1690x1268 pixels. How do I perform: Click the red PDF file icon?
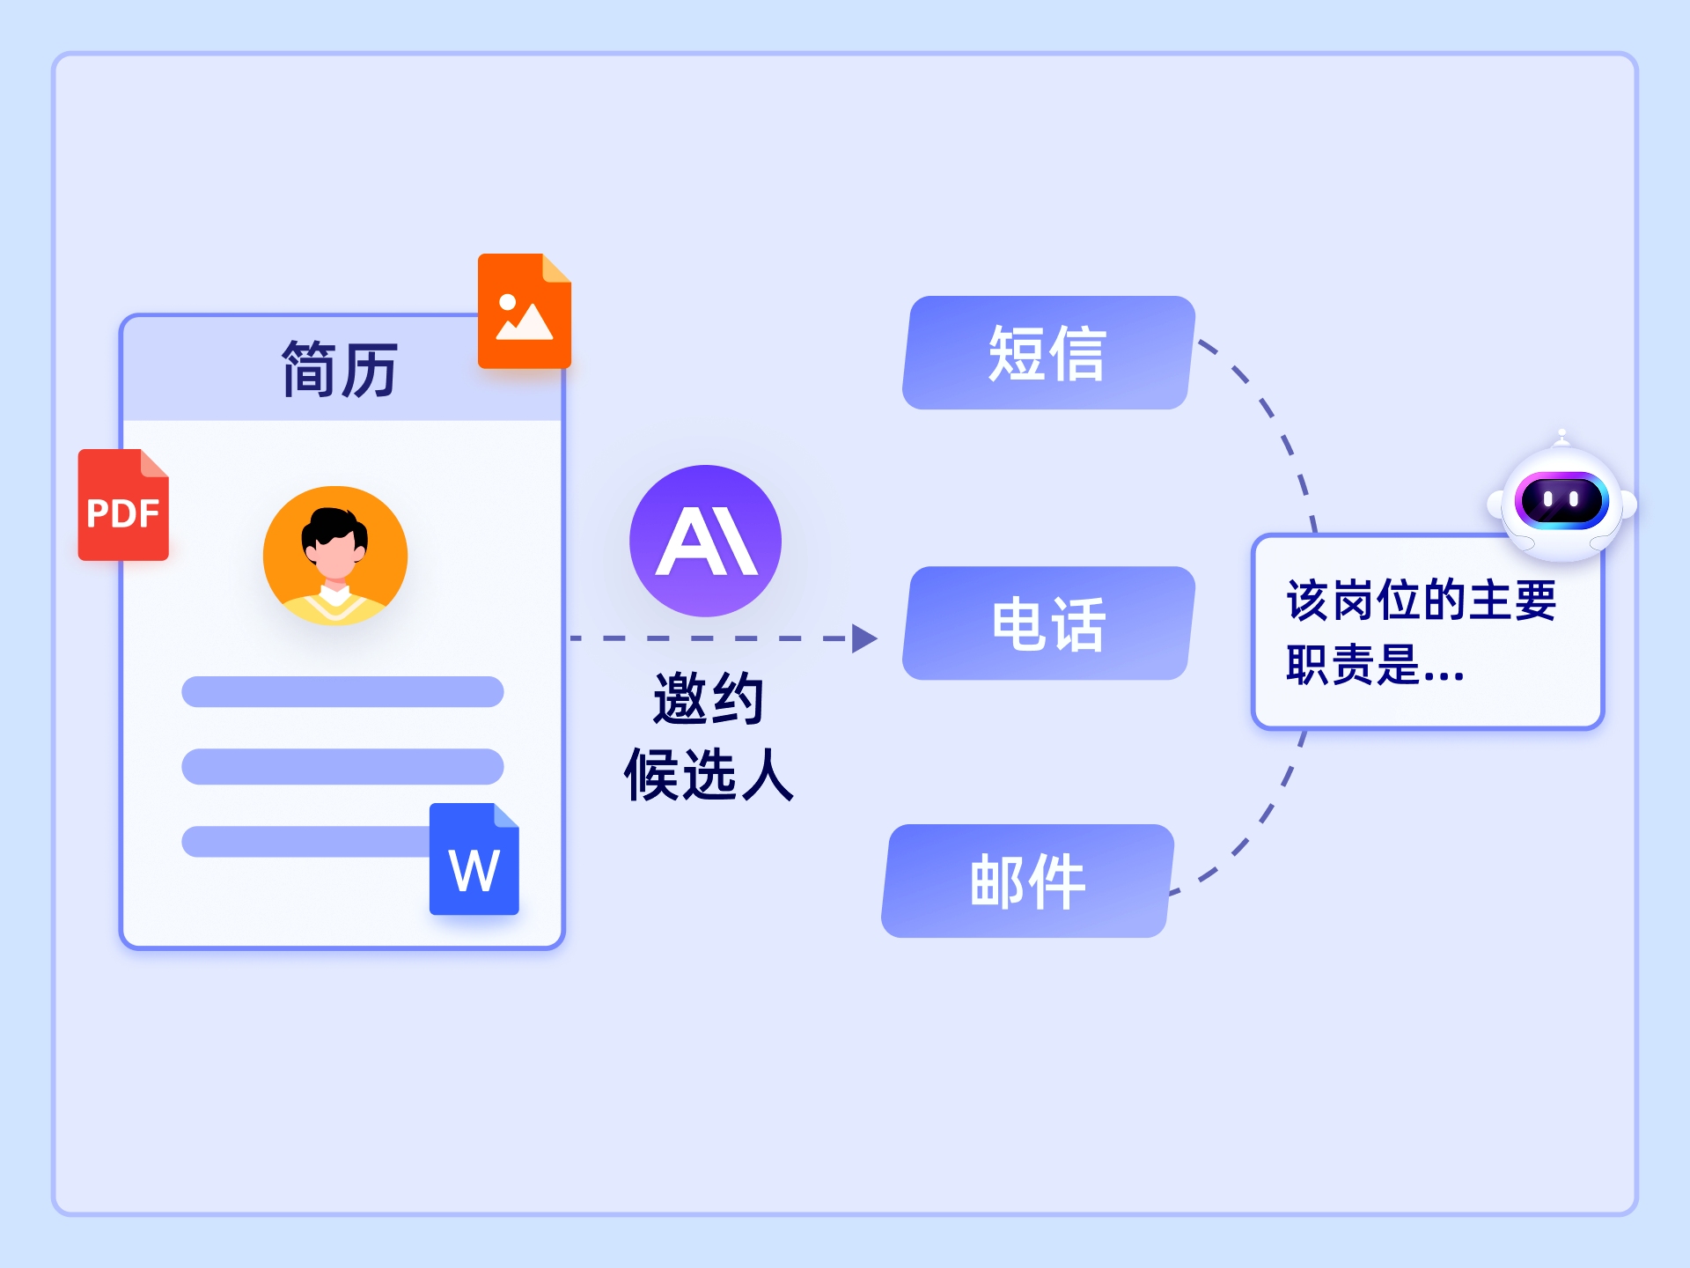[123, 506]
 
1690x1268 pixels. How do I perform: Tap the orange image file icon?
[524, 313]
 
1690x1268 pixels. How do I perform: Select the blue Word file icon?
[474, 861]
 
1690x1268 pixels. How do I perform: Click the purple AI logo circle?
[705, 540]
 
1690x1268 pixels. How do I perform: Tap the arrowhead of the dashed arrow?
[864, 638]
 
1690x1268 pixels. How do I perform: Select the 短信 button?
[1047, 353]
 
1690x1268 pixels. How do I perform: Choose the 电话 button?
[1047, 623]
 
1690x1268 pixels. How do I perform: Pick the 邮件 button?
[1027, 881]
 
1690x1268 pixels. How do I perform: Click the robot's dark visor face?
[1561, 500]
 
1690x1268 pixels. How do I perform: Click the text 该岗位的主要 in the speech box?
[1421, 601]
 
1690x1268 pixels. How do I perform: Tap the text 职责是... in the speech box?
[1373, 665]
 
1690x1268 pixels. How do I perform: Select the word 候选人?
[709, 775]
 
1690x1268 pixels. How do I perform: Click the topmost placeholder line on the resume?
[342, 691]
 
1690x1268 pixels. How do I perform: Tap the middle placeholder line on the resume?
[342, 766]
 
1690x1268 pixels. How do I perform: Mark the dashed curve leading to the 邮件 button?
[1250, 837]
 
